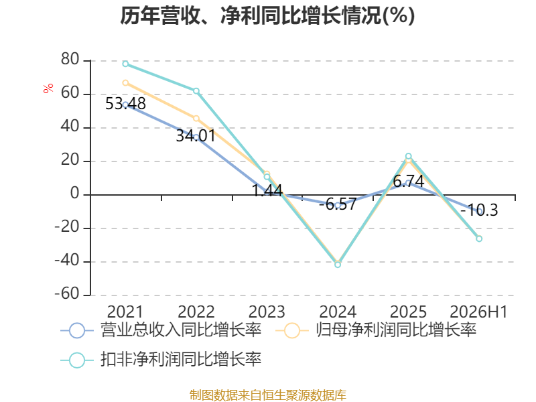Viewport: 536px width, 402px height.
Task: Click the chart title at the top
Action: click(x=267, y=15)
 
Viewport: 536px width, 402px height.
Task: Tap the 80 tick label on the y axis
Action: click(x=70, y=59)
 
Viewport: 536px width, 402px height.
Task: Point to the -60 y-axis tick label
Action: click(x=67, y=293)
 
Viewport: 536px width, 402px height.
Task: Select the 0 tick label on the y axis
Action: click(x=75, y=194)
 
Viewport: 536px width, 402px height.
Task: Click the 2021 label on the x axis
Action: click(x=125, y=312)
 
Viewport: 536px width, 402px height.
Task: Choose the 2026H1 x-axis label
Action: click(x=478, y=312)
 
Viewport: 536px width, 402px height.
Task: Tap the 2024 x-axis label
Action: click(x=338, y=312)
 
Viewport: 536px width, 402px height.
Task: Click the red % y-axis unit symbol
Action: click(x=48, y=88)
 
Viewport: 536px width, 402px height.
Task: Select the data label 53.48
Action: click(x=125, y=104)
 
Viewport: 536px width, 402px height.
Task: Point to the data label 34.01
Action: click(x=196, y=136)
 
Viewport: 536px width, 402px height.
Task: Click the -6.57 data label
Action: click(x=338, y=204)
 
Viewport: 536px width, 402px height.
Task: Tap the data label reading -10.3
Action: click(x=479, y=210)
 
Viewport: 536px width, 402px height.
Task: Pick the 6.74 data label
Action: click(x=409, y=182)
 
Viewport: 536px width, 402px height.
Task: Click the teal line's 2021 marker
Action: click(x=125, y=64)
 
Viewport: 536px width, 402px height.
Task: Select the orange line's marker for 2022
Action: click(x=196, y=119)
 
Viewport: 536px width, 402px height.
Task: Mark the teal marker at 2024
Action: click(x=338, y=265)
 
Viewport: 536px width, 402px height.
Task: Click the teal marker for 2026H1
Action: click(x=479, y=239)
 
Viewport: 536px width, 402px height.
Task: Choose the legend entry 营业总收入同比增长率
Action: click(x=161, y=330)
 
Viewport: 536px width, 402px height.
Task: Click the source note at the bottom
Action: click(x=267, y=395)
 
